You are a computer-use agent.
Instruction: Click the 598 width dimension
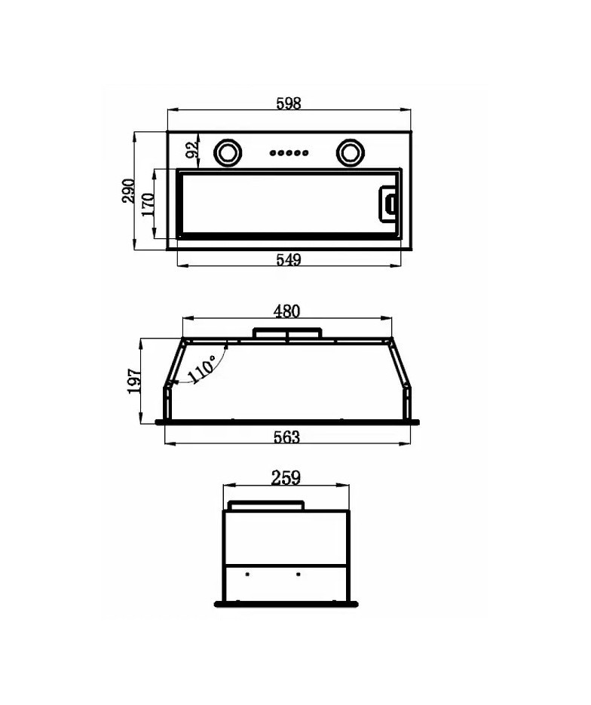(289, 103)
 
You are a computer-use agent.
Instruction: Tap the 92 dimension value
(192, 149)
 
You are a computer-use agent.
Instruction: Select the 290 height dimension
(129, 191)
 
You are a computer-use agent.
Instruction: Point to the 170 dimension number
(148, 204)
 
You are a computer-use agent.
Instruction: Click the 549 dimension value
(289, 260)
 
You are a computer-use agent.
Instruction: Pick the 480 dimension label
(286, 311)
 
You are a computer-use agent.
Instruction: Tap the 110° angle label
(202, 369)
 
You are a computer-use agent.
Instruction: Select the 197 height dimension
(135, 382)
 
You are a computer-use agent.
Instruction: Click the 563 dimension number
(286, 437)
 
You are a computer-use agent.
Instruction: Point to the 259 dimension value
(286, 477)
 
